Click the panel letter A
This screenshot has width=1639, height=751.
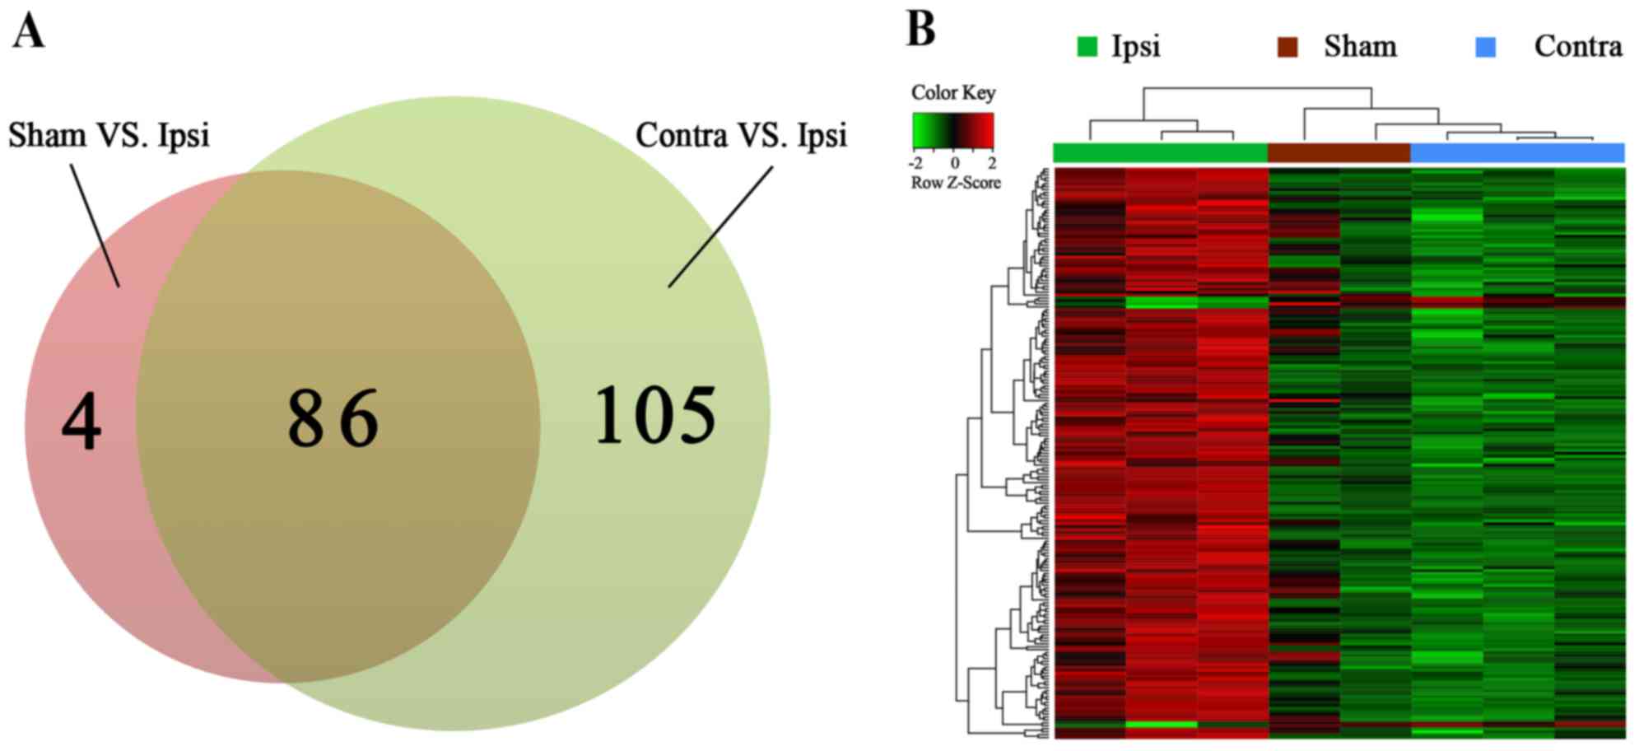(x=28, y=33)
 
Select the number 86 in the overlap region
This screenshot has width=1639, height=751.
(x=333, y=418)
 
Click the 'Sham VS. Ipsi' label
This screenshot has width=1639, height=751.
(x=109, y=135)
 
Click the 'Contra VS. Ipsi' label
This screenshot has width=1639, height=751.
(x=741, y=135)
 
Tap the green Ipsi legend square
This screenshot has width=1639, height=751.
(x=1087, y=47)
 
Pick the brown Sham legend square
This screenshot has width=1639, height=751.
(x=1287, y=47)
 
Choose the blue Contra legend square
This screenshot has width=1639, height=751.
(x=1485, y=47)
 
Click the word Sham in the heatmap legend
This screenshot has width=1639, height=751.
(x=1360, y=46)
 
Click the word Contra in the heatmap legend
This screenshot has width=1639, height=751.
(x=1577, y=46)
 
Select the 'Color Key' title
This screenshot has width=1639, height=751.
(x=952, y=93)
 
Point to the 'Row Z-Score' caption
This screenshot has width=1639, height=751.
(x=955, y=183)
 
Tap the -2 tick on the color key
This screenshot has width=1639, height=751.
(x=915, y=163)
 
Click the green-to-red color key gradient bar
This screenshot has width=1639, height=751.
(x=953, y=130)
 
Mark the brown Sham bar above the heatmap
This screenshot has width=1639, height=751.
(x=1339, y=152)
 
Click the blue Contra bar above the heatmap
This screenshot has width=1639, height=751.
(x=1517, y=152)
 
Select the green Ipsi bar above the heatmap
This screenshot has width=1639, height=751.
(x=1161, y=152)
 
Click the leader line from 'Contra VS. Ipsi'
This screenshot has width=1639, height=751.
(x=720, y=227)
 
